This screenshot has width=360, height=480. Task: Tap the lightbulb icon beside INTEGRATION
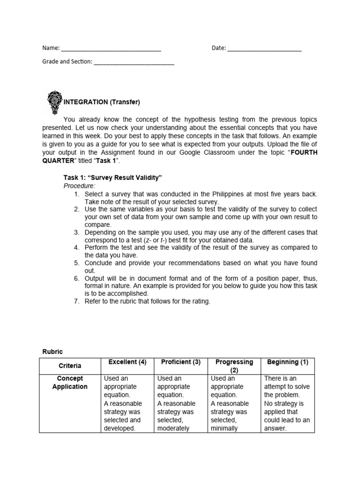pos(54,102)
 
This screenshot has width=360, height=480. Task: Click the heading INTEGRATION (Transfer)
pos(102,102)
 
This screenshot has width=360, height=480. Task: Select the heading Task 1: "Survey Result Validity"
pos(112,178)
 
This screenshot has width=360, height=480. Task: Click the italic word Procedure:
pos(79,186)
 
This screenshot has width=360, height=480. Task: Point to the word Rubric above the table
pos(52,351)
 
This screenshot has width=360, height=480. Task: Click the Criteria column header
pos(70,366)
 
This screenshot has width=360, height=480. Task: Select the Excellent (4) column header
pos(127,362)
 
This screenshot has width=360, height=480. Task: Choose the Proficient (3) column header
pos(180,362)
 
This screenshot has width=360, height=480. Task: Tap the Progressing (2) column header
pos(234,366)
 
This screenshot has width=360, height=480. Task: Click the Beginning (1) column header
pos(287,362)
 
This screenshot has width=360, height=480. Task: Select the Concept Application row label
pos(70,382)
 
